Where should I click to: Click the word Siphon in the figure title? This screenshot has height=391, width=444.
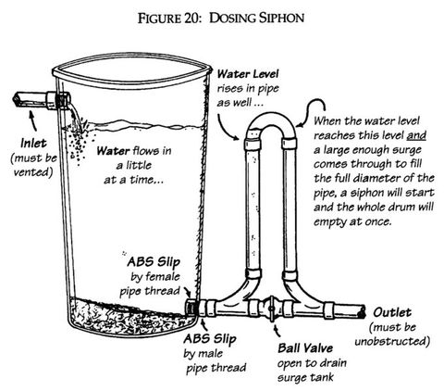[x=281, y=18]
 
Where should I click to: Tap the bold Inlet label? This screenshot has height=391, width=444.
[x=33, y=144]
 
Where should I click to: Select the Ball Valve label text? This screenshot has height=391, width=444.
[x=305, y=348]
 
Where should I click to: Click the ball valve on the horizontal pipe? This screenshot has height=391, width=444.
[x=271, y=309]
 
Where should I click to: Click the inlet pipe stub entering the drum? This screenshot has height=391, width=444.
[x=42, y=100]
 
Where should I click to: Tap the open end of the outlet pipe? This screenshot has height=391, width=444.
[x=362, y=311]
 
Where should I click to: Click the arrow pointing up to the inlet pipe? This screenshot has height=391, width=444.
[x=33, y=121]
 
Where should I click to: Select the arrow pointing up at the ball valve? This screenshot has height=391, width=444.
[x=277, y=330]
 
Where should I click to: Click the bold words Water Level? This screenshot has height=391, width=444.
[x=248, y=74]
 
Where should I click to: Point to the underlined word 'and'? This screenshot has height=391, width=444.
[x=416, y=135]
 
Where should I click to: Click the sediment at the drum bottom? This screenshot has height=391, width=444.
[x=129, y=318]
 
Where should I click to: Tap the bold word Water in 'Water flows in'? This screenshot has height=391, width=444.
[x=113, y=151]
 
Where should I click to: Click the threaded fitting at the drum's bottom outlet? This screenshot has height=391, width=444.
[x=191, y=308]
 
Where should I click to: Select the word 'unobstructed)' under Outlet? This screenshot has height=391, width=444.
[x=392, y=341]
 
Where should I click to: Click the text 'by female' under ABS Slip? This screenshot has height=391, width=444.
[x=155, y=276]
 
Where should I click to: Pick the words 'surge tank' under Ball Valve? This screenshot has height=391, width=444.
[x=305, y=377]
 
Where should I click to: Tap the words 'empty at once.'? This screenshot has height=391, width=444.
[x=352, y=221]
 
